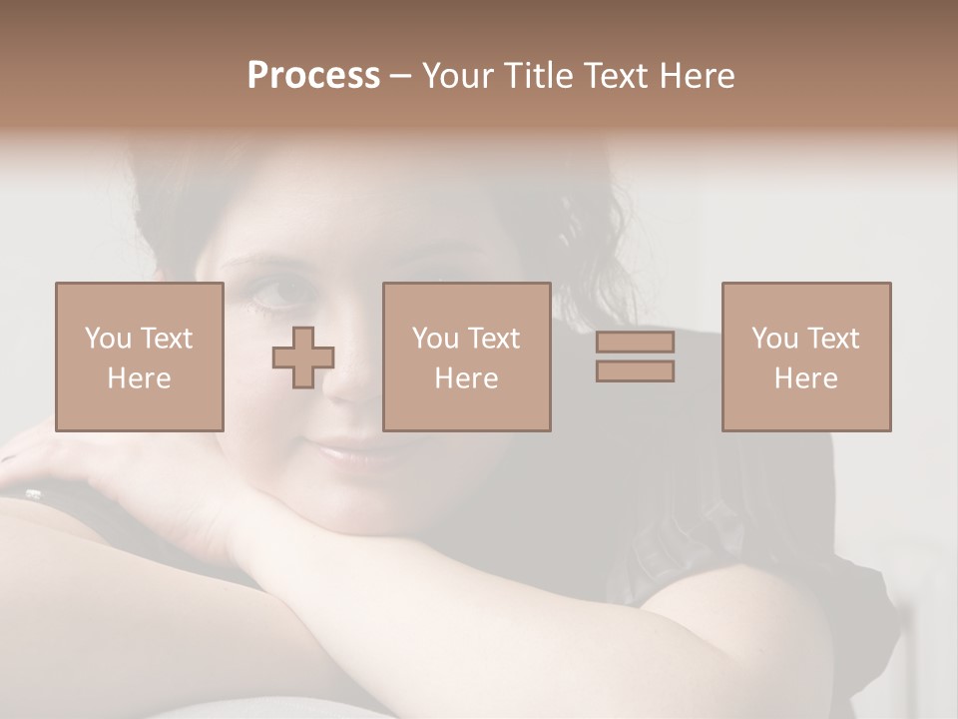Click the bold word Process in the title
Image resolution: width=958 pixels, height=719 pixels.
313,76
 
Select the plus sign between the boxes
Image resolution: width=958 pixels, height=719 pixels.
303,358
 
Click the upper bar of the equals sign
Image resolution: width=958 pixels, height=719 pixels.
635,343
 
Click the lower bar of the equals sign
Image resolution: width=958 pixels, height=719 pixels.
635,370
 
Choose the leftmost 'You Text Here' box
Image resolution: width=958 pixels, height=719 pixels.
139,357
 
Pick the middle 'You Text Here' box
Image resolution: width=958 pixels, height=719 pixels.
466,357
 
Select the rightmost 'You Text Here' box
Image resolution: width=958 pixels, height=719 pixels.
805,357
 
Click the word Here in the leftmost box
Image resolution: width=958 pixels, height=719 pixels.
139,377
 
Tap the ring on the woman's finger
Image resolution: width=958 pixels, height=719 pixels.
33,493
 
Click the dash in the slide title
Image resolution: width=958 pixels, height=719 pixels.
401,77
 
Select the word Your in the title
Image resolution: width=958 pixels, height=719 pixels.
458,76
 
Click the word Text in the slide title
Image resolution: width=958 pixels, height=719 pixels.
617,76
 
